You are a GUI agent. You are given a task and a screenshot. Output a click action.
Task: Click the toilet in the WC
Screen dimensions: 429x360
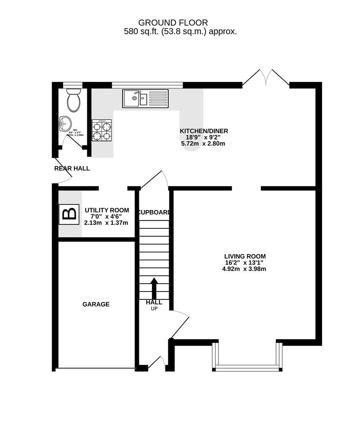click(x=73, y=100)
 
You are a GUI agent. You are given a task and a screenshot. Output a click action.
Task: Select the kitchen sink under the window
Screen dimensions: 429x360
click(x=145, y=98)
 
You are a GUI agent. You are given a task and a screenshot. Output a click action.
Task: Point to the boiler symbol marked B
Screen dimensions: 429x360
click(x=69, y=214)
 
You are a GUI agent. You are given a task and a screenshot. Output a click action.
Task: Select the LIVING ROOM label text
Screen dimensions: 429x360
click(x=244, y=256)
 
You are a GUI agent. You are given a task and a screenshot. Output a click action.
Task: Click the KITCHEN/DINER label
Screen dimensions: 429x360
click(x=204, y=131)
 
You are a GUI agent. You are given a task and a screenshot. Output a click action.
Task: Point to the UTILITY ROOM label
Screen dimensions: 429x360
click(x=107, y=210)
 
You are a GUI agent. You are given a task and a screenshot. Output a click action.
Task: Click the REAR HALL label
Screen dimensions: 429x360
click(x=72, y=168)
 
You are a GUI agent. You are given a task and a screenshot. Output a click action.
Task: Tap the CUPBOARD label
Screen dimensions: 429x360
click(x=154, y=212)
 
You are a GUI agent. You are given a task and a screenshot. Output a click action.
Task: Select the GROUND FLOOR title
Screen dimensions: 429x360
click(x=173, y=23)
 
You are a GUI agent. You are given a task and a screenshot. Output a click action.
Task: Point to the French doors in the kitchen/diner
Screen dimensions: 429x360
click(x=266, y=78)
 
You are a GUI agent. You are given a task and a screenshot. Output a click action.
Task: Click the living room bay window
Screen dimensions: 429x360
click(x=247, y=368)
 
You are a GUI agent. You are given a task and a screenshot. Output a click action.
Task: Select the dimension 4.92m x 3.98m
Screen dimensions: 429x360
click(x=244, y=269)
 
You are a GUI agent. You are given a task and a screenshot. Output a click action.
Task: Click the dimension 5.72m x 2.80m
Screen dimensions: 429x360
click(x=203, y=143)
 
